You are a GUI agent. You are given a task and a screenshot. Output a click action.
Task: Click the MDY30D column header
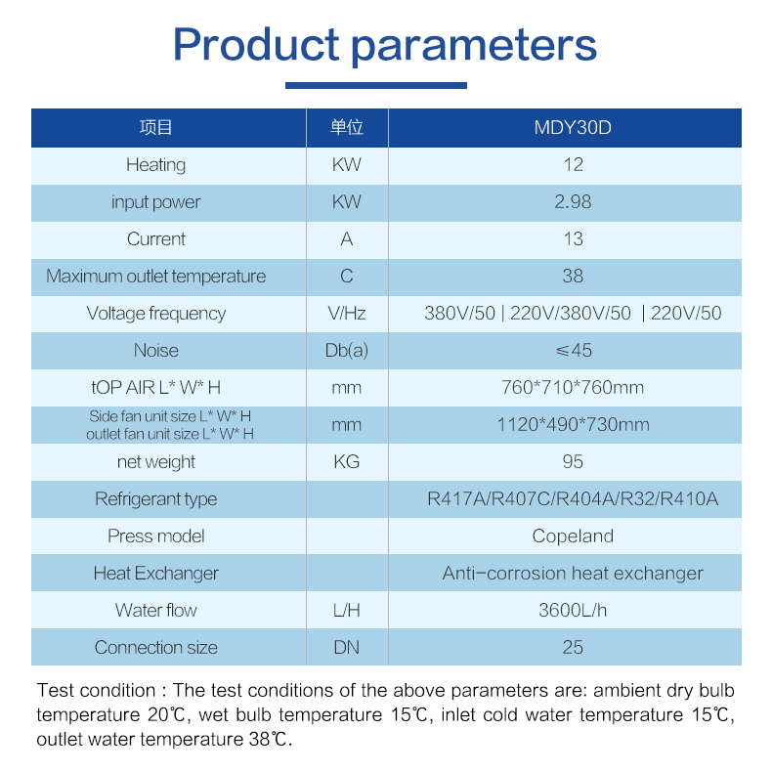[573, 127]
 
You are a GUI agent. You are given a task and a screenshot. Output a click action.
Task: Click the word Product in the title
[256, 44]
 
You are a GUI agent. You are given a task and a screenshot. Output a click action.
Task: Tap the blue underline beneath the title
[376, 86]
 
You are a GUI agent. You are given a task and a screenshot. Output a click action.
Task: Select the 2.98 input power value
[573, 202]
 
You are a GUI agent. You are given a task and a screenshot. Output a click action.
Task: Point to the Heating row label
[155, 165]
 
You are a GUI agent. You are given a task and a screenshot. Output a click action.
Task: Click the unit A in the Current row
[347, 238]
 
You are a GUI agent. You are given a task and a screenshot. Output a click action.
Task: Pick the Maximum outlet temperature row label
[155, 277]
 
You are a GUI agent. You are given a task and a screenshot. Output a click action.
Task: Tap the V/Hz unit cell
[347, 313]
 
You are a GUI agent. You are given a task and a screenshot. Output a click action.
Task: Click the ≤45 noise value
[574, 351]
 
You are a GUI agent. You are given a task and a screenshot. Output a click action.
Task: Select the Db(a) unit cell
[347, 351]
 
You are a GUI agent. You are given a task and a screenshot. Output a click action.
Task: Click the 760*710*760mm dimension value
[573, 388]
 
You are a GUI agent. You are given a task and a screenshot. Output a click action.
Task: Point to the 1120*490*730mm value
[573, 424]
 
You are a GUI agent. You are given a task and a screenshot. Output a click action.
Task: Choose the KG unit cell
[347, 462]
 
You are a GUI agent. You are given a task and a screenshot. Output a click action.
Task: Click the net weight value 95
[573, 462]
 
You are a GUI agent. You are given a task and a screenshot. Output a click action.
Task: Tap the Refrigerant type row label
[155, 499]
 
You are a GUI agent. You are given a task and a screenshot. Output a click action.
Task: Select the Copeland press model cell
[573, 536]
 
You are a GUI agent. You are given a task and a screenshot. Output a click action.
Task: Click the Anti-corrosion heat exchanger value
[573, 573]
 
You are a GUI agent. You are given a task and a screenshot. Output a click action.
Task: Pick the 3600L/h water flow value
[573, 611]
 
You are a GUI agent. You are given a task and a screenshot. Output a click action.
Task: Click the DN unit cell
[347, 648]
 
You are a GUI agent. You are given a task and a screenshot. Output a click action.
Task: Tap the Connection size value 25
[573, 648]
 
